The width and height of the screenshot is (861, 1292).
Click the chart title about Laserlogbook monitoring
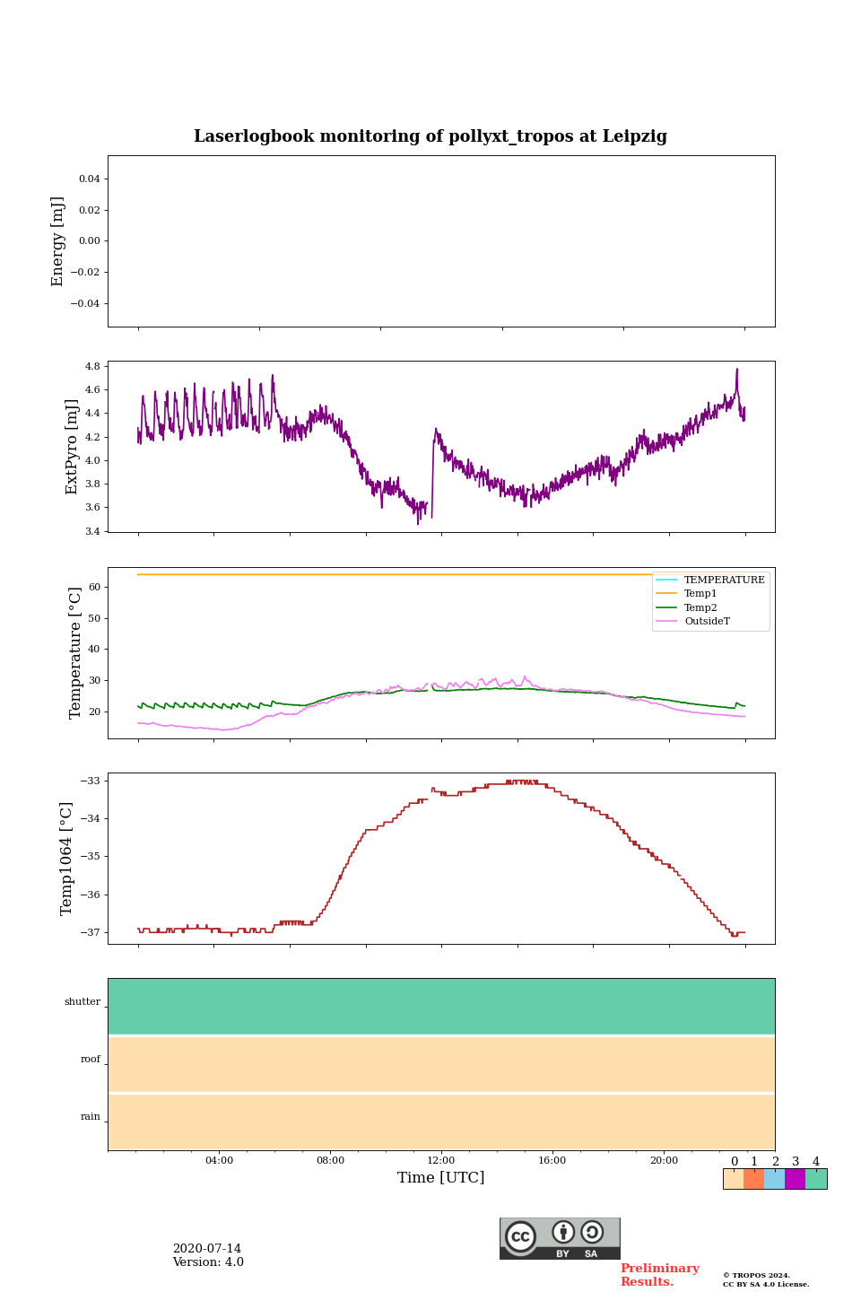coord(430,136)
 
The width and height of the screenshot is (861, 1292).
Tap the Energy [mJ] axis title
coord(58,241)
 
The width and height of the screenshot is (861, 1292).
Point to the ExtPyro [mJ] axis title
coord(73,447)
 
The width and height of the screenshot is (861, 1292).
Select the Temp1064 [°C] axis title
coord(67,859)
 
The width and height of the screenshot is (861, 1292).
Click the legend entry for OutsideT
coord(707,622)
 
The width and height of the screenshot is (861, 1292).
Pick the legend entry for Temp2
coord(700,608)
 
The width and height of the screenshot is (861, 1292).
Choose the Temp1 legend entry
coord(700,594)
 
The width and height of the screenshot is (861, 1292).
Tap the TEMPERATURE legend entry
coord(724,581)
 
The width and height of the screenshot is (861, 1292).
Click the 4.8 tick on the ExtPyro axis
coord(92,367)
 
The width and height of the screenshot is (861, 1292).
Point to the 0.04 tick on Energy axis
coord(89,179)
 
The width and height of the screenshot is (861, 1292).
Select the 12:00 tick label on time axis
coord(441,1161)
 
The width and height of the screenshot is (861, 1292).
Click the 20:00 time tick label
coord(664,1161)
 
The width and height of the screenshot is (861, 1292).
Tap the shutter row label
coord(83,1002)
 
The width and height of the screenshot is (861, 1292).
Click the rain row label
coord(91,1117)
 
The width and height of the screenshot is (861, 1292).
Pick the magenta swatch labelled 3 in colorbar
coord(795,1179)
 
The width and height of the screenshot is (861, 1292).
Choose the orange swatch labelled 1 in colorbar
coord(753,1179)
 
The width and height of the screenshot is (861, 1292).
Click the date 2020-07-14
coord(206,1249)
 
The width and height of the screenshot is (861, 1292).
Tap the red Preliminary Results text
coord(659,1275)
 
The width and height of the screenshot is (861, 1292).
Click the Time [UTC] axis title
coord(441,1178)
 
